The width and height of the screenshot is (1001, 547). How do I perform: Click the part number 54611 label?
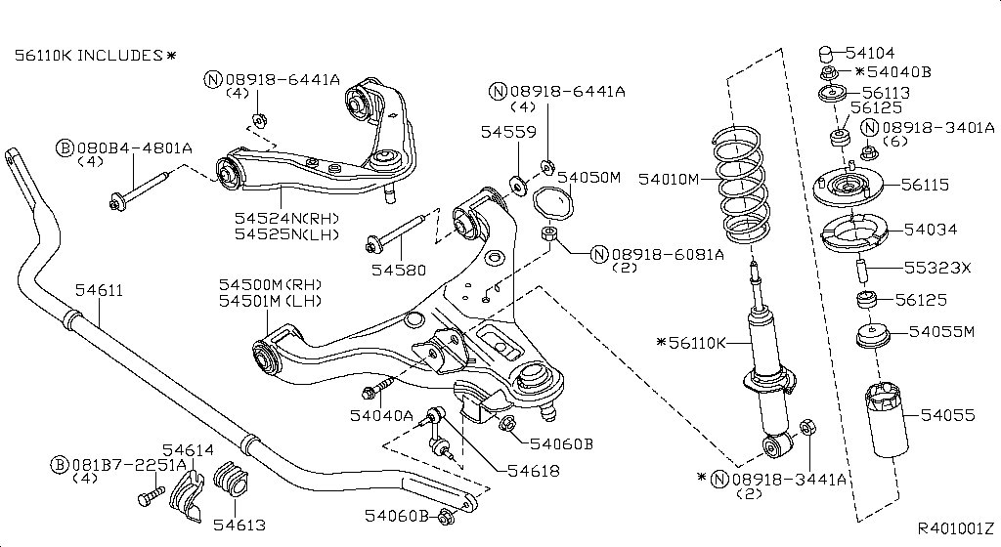coord(102,291)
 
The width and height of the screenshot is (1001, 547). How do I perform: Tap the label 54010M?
coord(670,179)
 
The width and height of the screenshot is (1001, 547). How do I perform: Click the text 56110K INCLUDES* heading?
coord(95,56)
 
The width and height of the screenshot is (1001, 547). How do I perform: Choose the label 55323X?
coord(937,267)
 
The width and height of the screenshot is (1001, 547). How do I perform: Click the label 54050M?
coord(588,177)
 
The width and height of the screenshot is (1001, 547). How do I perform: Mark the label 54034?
coord(930,230)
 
